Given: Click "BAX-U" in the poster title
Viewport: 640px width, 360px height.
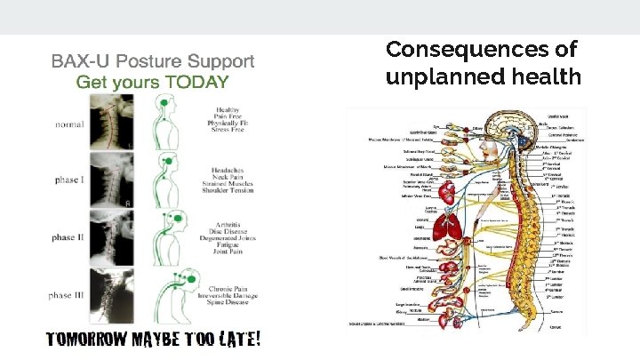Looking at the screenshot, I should click(x=78, y=61).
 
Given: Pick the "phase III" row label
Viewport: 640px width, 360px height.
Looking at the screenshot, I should click(x=69, y=294).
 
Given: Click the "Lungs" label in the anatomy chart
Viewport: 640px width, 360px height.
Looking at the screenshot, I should click(x=420, y=228).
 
